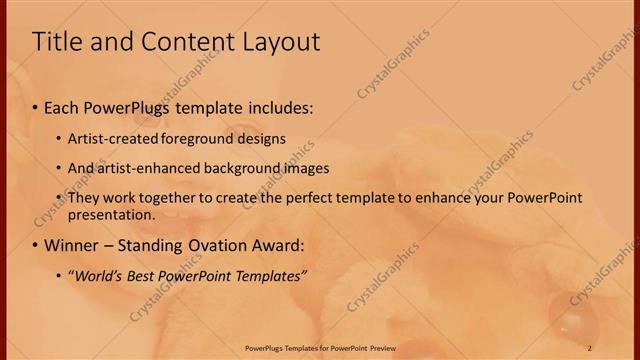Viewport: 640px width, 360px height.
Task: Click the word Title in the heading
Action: [59, 42]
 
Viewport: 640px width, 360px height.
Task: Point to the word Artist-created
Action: [109, 138]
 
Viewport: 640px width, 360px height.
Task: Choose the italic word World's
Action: [95, 276]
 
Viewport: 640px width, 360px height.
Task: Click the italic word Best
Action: [139, 276]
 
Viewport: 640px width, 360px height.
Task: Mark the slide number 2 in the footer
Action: [590, 346]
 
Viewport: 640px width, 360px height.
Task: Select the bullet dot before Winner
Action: [35, 245]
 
